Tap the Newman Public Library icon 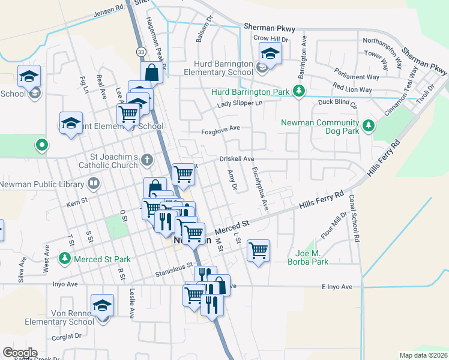(x=93, y=183)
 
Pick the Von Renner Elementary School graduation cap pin (x=102, y=306)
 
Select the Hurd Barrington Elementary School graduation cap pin (x=270, y=55)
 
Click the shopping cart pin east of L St (x=258, y=250)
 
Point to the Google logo (x=20, y=353)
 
